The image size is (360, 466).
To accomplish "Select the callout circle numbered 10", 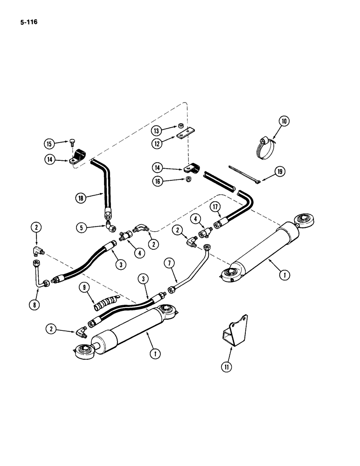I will pyautogui.click(x=284, y=122).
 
